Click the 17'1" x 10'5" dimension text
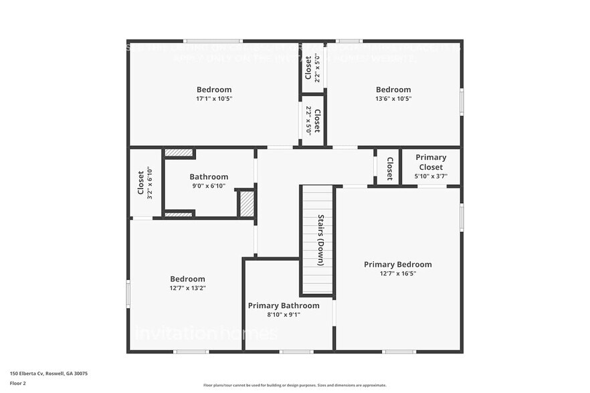point(214,99)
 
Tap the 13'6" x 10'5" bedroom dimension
point(393,99)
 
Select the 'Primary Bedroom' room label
point(397,264)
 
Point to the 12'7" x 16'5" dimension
point(397,273)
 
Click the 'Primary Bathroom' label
point(284,305)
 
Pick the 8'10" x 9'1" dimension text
point(284,315)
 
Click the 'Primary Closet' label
point(431,162)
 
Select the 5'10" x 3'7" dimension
point(431,176)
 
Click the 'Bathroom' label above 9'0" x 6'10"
point(209,177)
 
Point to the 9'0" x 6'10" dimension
point(209,186)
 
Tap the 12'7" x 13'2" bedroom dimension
point(187,288)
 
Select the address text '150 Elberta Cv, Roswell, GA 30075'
point(49,374)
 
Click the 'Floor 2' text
point(18,384)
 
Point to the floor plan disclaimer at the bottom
point(294,386)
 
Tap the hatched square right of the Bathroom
point(247,204)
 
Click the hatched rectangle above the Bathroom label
point(179,153)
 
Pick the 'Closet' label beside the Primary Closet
point(389,168)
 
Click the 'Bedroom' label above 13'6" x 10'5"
point(393,90)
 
